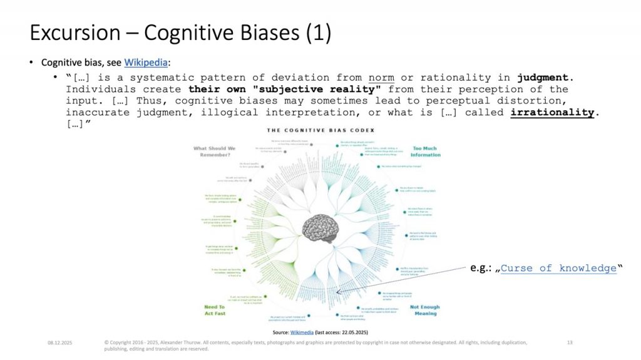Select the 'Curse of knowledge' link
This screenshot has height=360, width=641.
point(559,268)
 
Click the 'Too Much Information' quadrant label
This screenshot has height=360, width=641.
point(426,152)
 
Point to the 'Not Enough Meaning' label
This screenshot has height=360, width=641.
point(424,311)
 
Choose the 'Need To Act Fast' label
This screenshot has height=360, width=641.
point(214,311)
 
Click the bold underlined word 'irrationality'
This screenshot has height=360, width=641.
point(553,112)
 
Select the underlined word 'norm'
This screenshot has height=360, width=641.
point(381,78)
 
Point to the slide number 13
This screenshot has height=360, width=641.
point(570,342)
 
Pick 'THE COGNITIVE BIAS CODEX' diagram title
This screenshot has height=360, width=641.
point(320,130)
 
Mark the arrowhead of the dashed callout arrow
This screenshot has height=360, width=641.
point(338,291)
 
